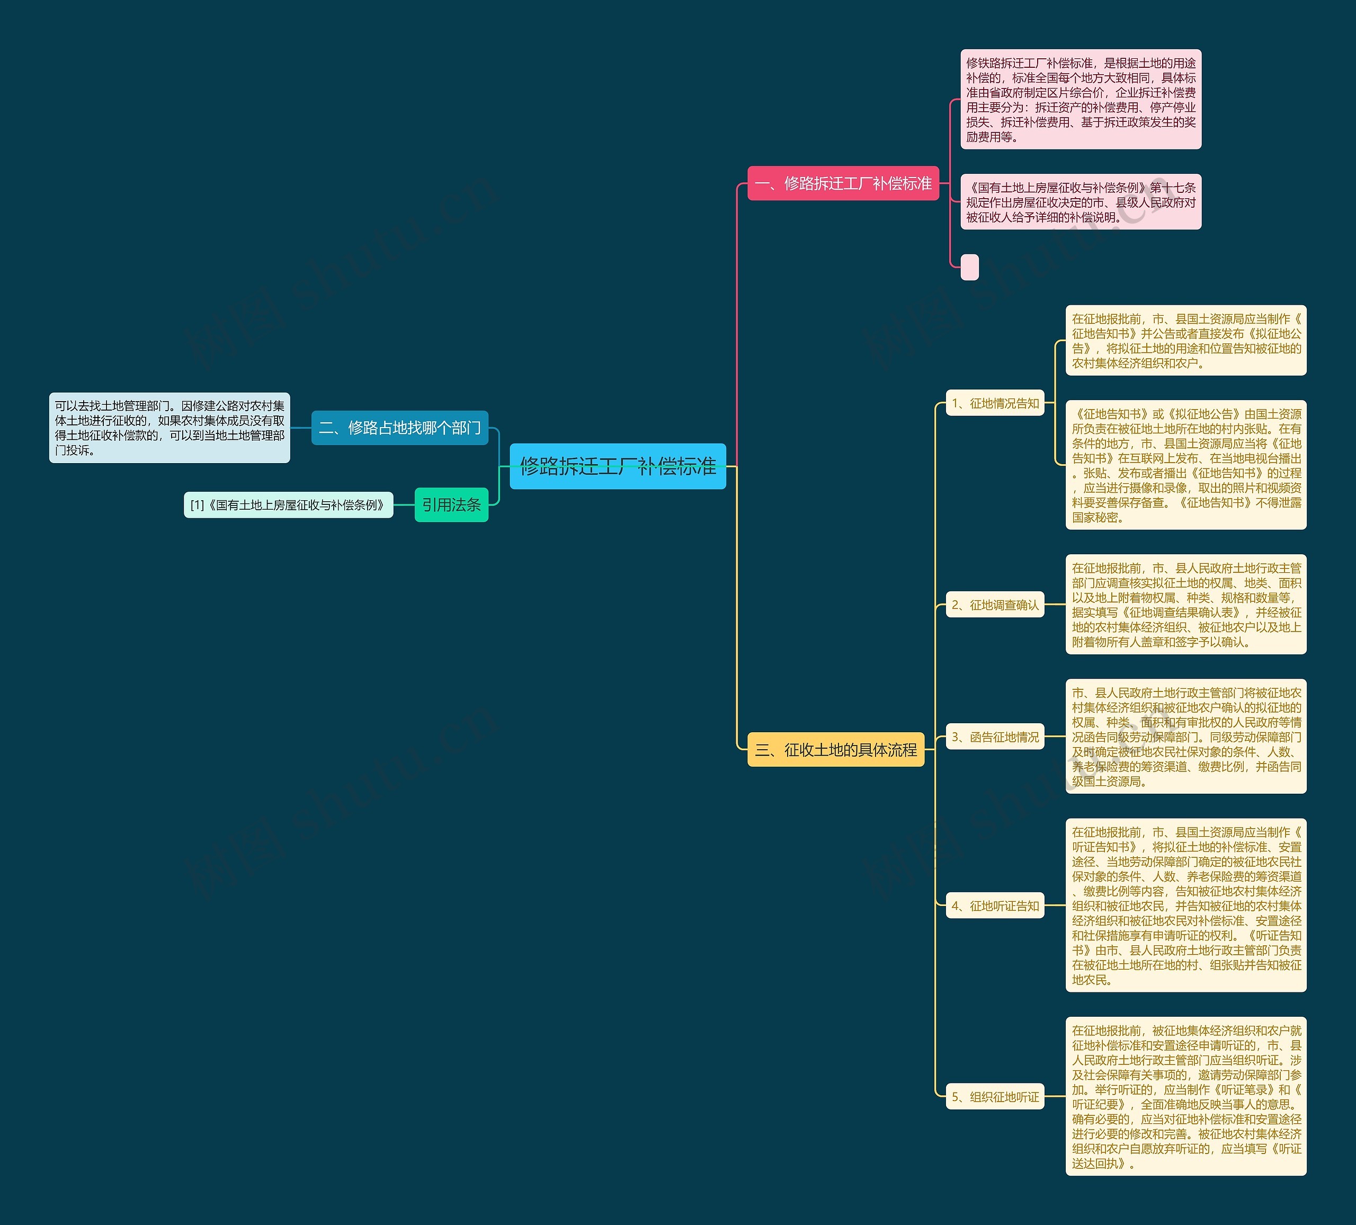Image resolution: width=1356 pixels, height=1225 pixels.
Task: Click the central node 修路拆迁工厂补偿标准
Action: (618, 466)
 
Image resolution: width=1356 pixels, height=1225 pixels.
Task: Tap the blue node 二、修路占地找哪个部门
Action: (399, 428)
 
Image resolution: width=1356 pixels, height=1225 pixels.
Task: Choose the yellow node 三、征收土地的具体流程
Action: (835, 749)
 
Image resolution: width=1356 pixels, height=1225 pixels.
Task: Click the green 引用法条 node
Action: (451, 504)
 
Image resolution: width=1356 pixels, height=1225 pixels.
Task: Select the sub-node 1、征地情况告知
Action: (995, 403)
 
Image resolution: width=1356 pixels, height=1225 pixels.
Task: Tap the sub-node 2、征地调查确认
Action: (995, 605)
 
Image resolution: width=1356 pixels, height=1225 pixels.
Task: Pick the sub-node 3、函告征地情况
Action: (995, 736)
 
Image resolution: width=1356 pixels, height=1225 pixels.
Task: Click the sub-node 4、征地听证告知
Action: (995, 906)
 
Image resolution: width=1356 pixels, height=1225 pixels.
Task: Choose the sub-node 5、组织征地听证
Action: (995, 1097)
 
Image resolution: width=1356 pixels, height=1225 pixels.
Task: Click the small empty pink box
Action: (969, 267)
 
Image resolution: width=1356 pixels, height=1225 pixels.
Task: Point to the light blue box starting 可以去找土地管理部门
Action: (169, 428)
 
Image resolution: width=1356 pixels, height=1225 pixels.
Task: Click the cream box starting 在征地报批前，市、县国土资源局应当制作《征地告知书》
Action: (1186, 340)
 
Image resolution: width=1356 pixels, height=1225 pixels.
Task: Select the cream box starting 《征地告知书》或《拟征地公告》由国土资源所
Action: (1186, 465)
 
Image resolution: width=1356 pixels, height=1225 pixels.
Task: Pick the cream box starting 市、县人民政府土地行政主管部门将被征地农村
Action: (1186, 736)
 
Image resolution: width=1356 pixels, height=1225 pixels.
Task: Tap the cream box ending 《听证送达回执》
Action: (1186, 1097)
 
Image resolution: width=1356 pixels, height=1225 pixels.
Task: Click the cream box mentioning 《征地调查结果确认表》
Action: (1186, 605)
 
